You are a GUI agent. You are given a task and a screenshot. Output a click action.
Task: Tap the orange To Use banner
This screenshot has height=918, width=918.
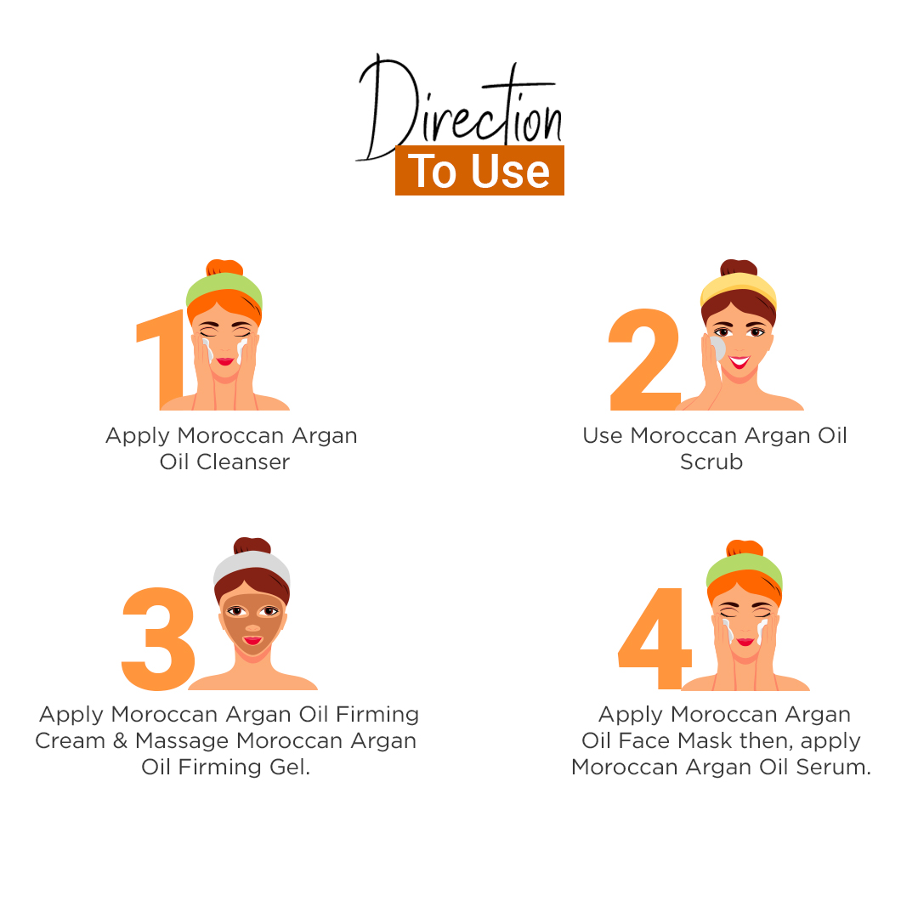[479, 170]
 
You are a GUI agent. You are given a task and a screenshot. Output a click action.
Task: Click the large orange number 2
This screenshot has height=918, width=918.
[644, 360]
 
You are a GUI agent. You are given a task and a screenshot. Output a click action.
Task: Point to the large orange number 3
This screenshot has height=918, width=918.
[158, 638]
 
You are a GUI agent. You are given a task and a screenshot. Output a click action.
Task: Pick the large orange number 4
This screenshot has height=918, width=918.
[655, 638]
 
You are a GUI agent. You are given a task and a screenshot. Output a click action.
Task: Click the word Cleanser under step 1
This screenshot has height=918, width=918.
[243, 462]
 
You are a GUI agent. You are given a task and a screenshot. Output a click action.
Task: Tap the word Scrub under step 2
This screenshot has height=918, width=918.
[711, 462]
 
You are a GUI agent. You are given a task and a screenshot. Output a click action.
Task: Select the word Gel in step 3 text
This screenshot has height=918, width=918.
[289, 767]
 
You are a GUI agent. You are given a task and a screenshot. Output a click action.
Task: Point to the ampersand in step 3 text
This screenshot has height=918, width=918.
[120, 740]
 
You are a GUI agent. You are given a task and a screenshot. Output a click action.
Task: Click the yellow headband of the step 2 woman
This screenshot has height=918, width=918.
[739, 289]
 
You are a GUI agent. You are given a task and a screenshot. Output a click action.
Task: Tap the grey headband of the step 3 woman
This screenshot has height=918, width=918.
[252, 567]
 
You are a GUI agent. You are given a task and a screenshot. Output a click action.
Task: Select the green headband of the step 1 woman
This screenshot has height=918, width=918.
[224, 288]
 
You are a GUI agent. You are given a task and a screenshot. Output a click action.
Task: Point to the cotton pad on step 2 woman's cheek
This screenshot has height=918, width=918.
[717, 348]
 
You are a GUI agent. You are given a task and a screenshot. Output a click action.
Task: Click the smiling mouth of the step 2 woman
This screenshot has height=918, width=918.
[739, 362]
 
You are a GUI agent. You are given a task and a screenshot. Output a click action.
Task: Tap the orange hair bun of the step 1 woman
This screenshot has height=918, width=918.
[224, 267]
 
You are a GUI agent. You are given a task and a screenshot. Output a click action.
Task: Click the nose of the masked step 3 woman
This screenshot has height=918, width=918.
[253, 627]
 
